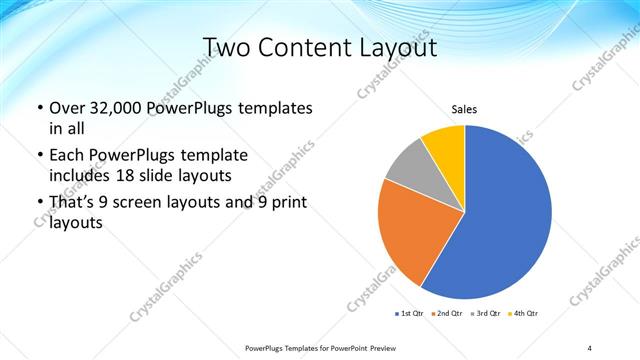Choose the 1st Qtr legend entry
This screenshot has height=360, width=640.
point(410,314)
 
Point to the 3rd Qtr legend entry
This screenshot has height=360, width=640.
point(486,314)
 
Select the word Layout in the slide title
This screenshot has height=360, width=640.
point(399,48)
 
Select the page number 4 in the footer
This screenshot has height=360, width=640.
point(589,347)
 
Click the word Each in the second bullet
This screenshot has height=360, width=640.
point(66,156)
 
